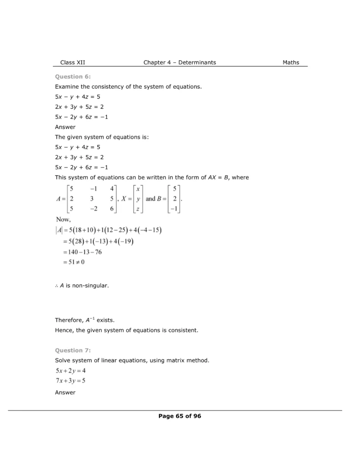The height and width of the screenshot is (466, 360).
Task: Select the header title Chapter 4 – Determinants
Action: pos(180,62)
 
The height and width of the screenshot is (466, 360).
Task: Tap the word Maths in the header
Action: pos(291,62)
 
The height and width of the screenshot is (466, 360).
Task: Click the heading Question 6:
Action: pos(73,76)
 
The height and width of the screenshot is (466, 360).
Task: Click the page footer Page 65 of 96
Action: pos(180,416)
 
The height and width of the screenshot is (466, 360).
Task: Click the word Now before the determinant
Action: pos(63,219)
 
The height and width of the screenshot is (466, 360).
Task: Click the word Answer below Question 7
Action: pos(65,392)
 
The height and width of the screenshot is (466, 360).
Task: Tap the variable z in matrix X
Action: pos(137,209)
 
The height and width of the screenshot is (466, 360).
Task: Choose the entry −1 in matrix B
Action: pos(175,209)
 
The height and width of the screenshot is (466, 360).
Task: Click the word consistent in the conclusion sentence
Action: pos(184,330)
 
